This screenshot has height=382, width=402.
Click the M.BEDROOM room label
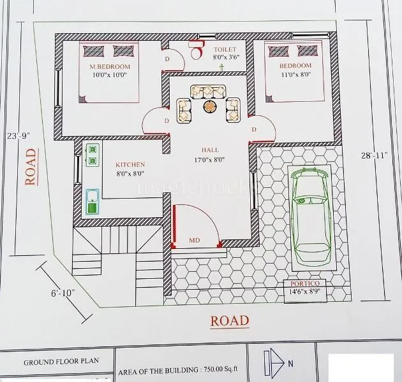tap(110, 66)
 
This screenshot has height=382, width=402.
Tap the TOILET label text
tap(225, 49)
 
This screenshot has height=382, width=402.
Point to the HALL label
tap(211, 151)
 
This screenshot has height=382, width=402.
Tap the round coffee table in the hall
tap(210, 106)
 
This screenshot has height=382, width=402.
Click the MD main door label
tap(195, 241)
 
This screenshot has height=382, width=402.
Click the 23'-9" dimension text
tap(19, 135)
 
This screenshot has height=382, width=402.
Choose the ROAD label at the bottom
tap(230, 320)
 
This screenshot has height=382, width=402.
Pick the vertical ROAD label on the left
tap(30, 167)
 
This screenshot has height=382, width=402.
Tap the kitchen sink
tap(92, 201)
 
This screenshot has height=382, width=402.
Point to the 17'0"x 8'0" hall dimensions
tap(210, 160)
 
